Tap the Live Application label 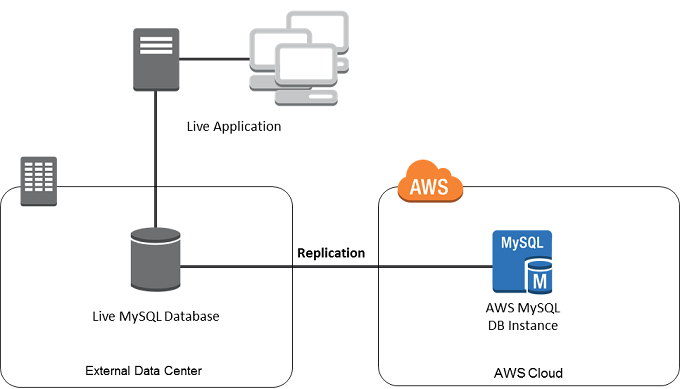(x=234, y=127)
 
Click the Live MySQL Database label (x=155, y=317)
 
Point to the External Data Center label (x=144, y=371)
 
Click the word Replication (x=331, y=253)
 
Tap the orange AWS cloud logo (x=430, y=183)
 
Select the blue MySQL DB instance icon (x=522, y=260)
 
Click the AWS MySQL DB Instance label (x=521, y=319)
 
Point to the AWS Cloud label (x=528, y=373)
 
